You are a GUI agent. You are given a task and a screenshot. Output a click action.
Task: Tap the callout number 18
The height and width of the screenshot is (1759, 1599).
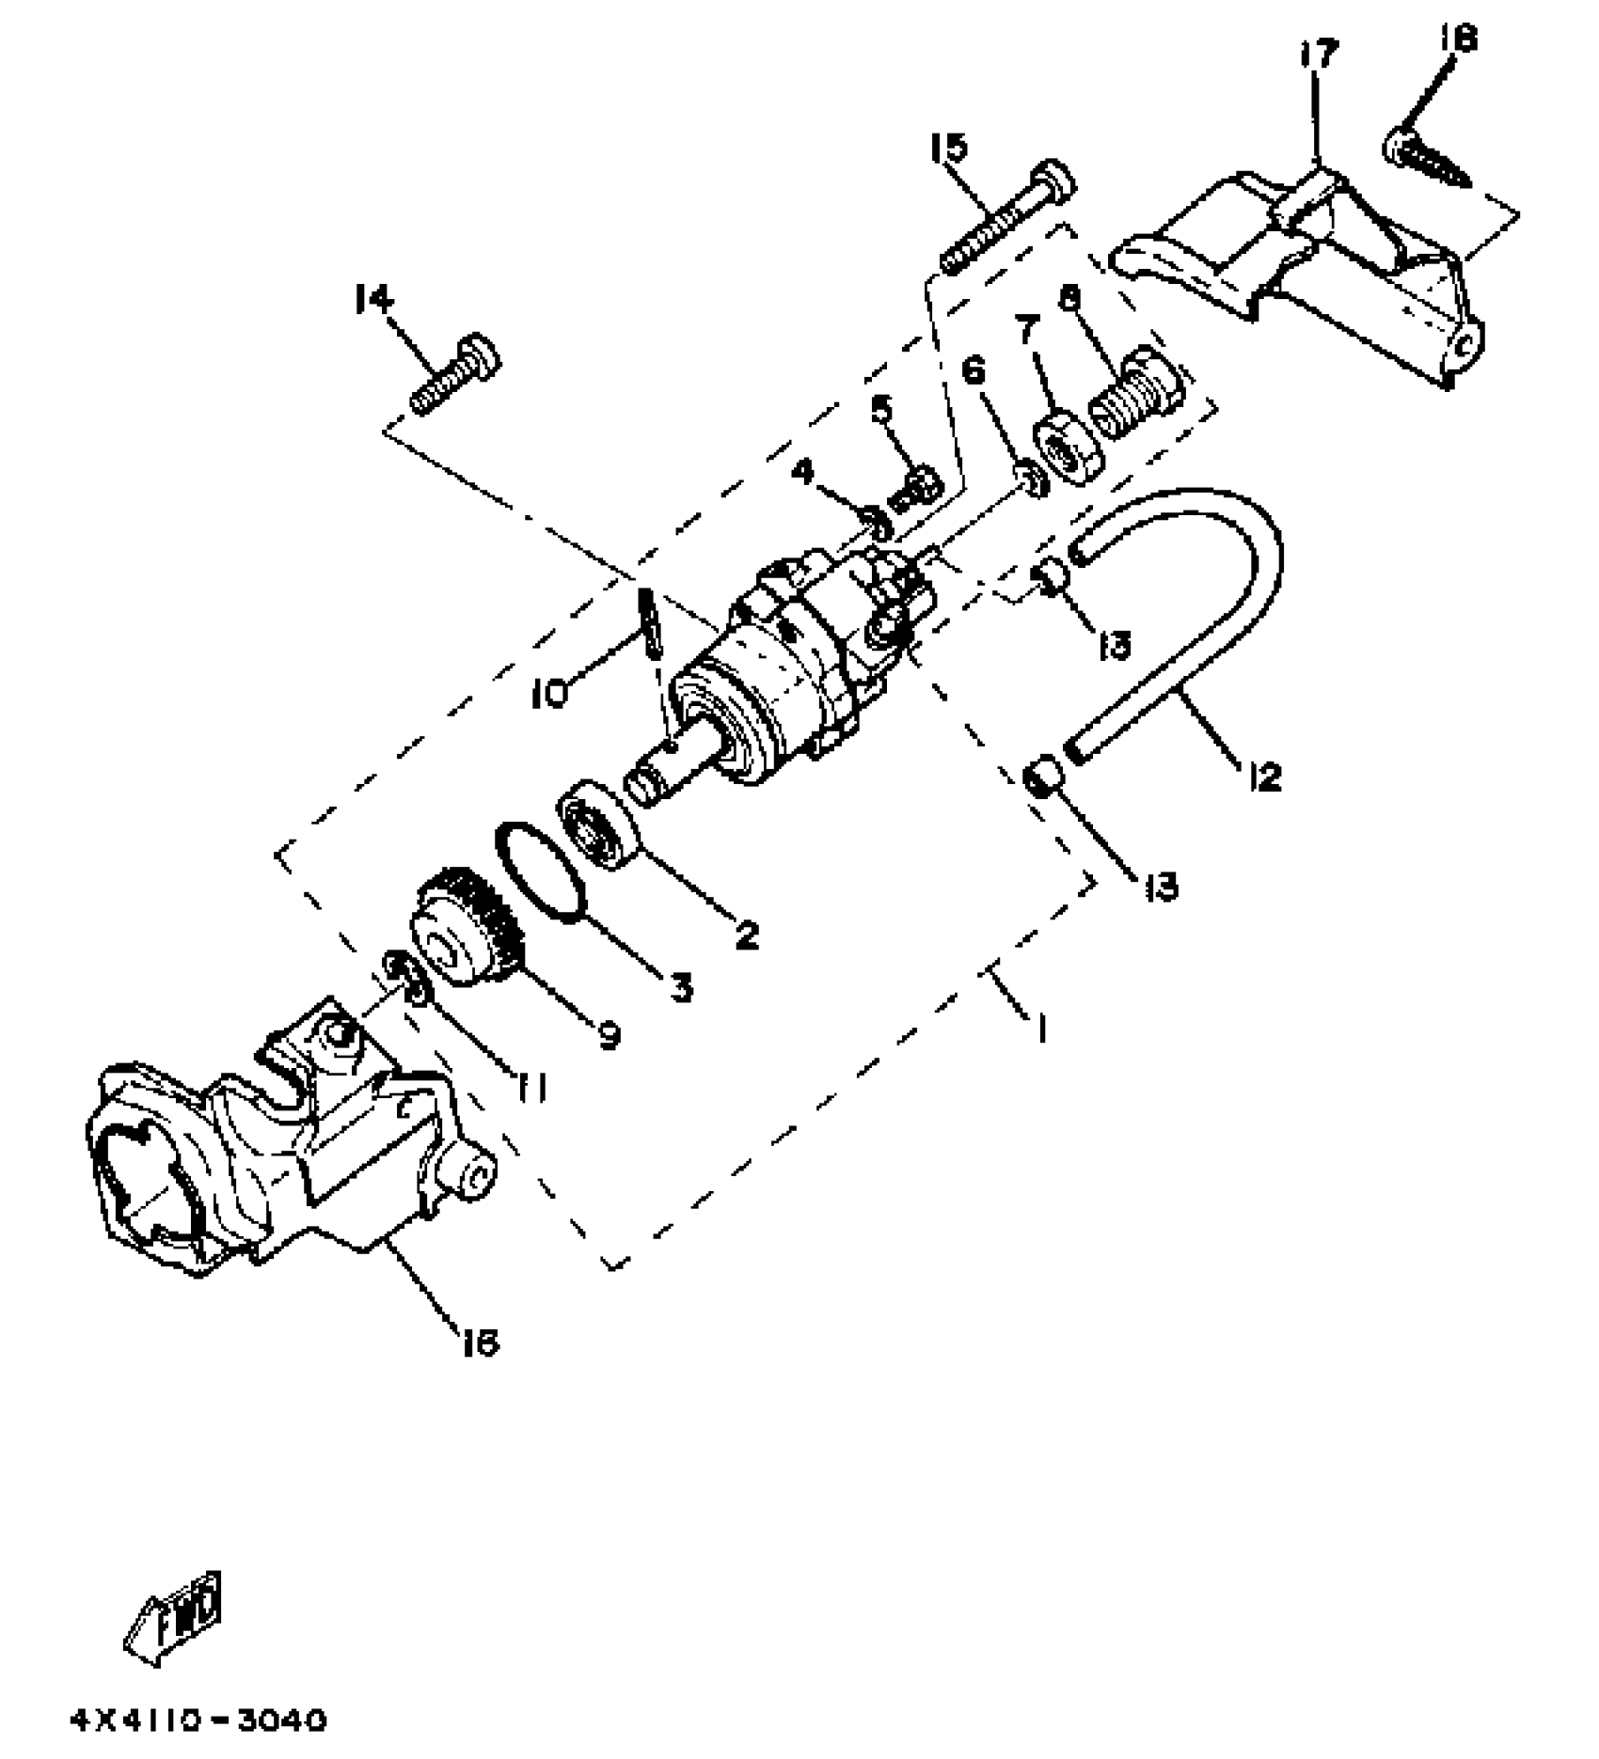pos(1457,39)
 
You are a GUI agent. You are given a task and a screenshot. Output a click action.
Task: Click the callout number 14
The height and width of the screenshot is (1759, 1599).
pos(373,301)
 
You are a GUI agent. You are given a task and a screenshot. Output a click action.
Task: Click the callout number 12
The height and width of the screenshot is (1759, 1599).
pos(1265,777)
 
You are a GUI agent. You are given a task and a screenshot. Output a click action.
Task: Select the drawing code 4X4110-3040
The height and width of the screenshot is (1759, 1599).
pos(199,1720)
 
